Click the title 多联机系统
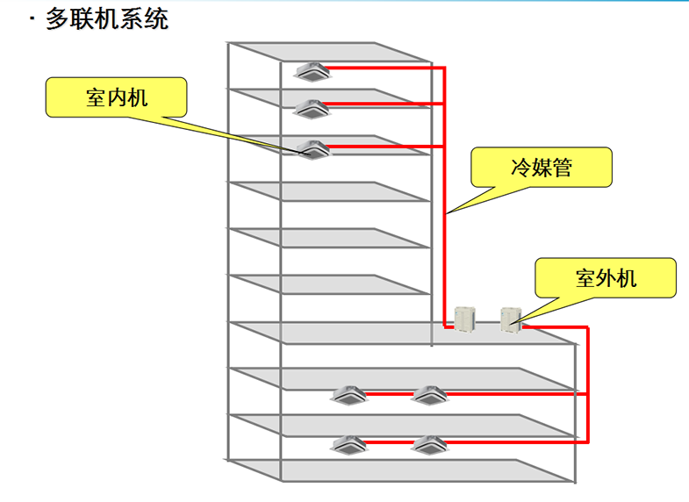tap(107, 18)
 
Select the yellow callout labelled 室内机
tap(117, 97)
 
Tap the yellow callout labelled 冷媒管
tap(540, 167)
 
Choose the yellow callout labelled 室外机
tap(606, 279)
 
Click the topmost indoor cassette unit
tap(312, 70)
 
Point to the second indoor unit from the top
tap(312, 109)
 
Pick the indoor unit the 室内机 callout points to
tap(313, 150)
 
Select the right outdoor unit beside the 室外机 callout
tap(511, 319)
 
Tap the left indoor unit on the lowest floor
tap(349, 445)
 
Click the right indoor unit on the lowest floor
tap(427, 445)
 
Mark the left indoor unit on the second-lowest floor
tap(349, 396)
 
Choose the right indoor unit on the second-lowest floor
tap(427, 396)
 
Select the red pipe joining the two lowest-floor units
tap(388, 443)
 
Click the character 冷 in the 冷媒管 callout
tap(519, 167)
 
